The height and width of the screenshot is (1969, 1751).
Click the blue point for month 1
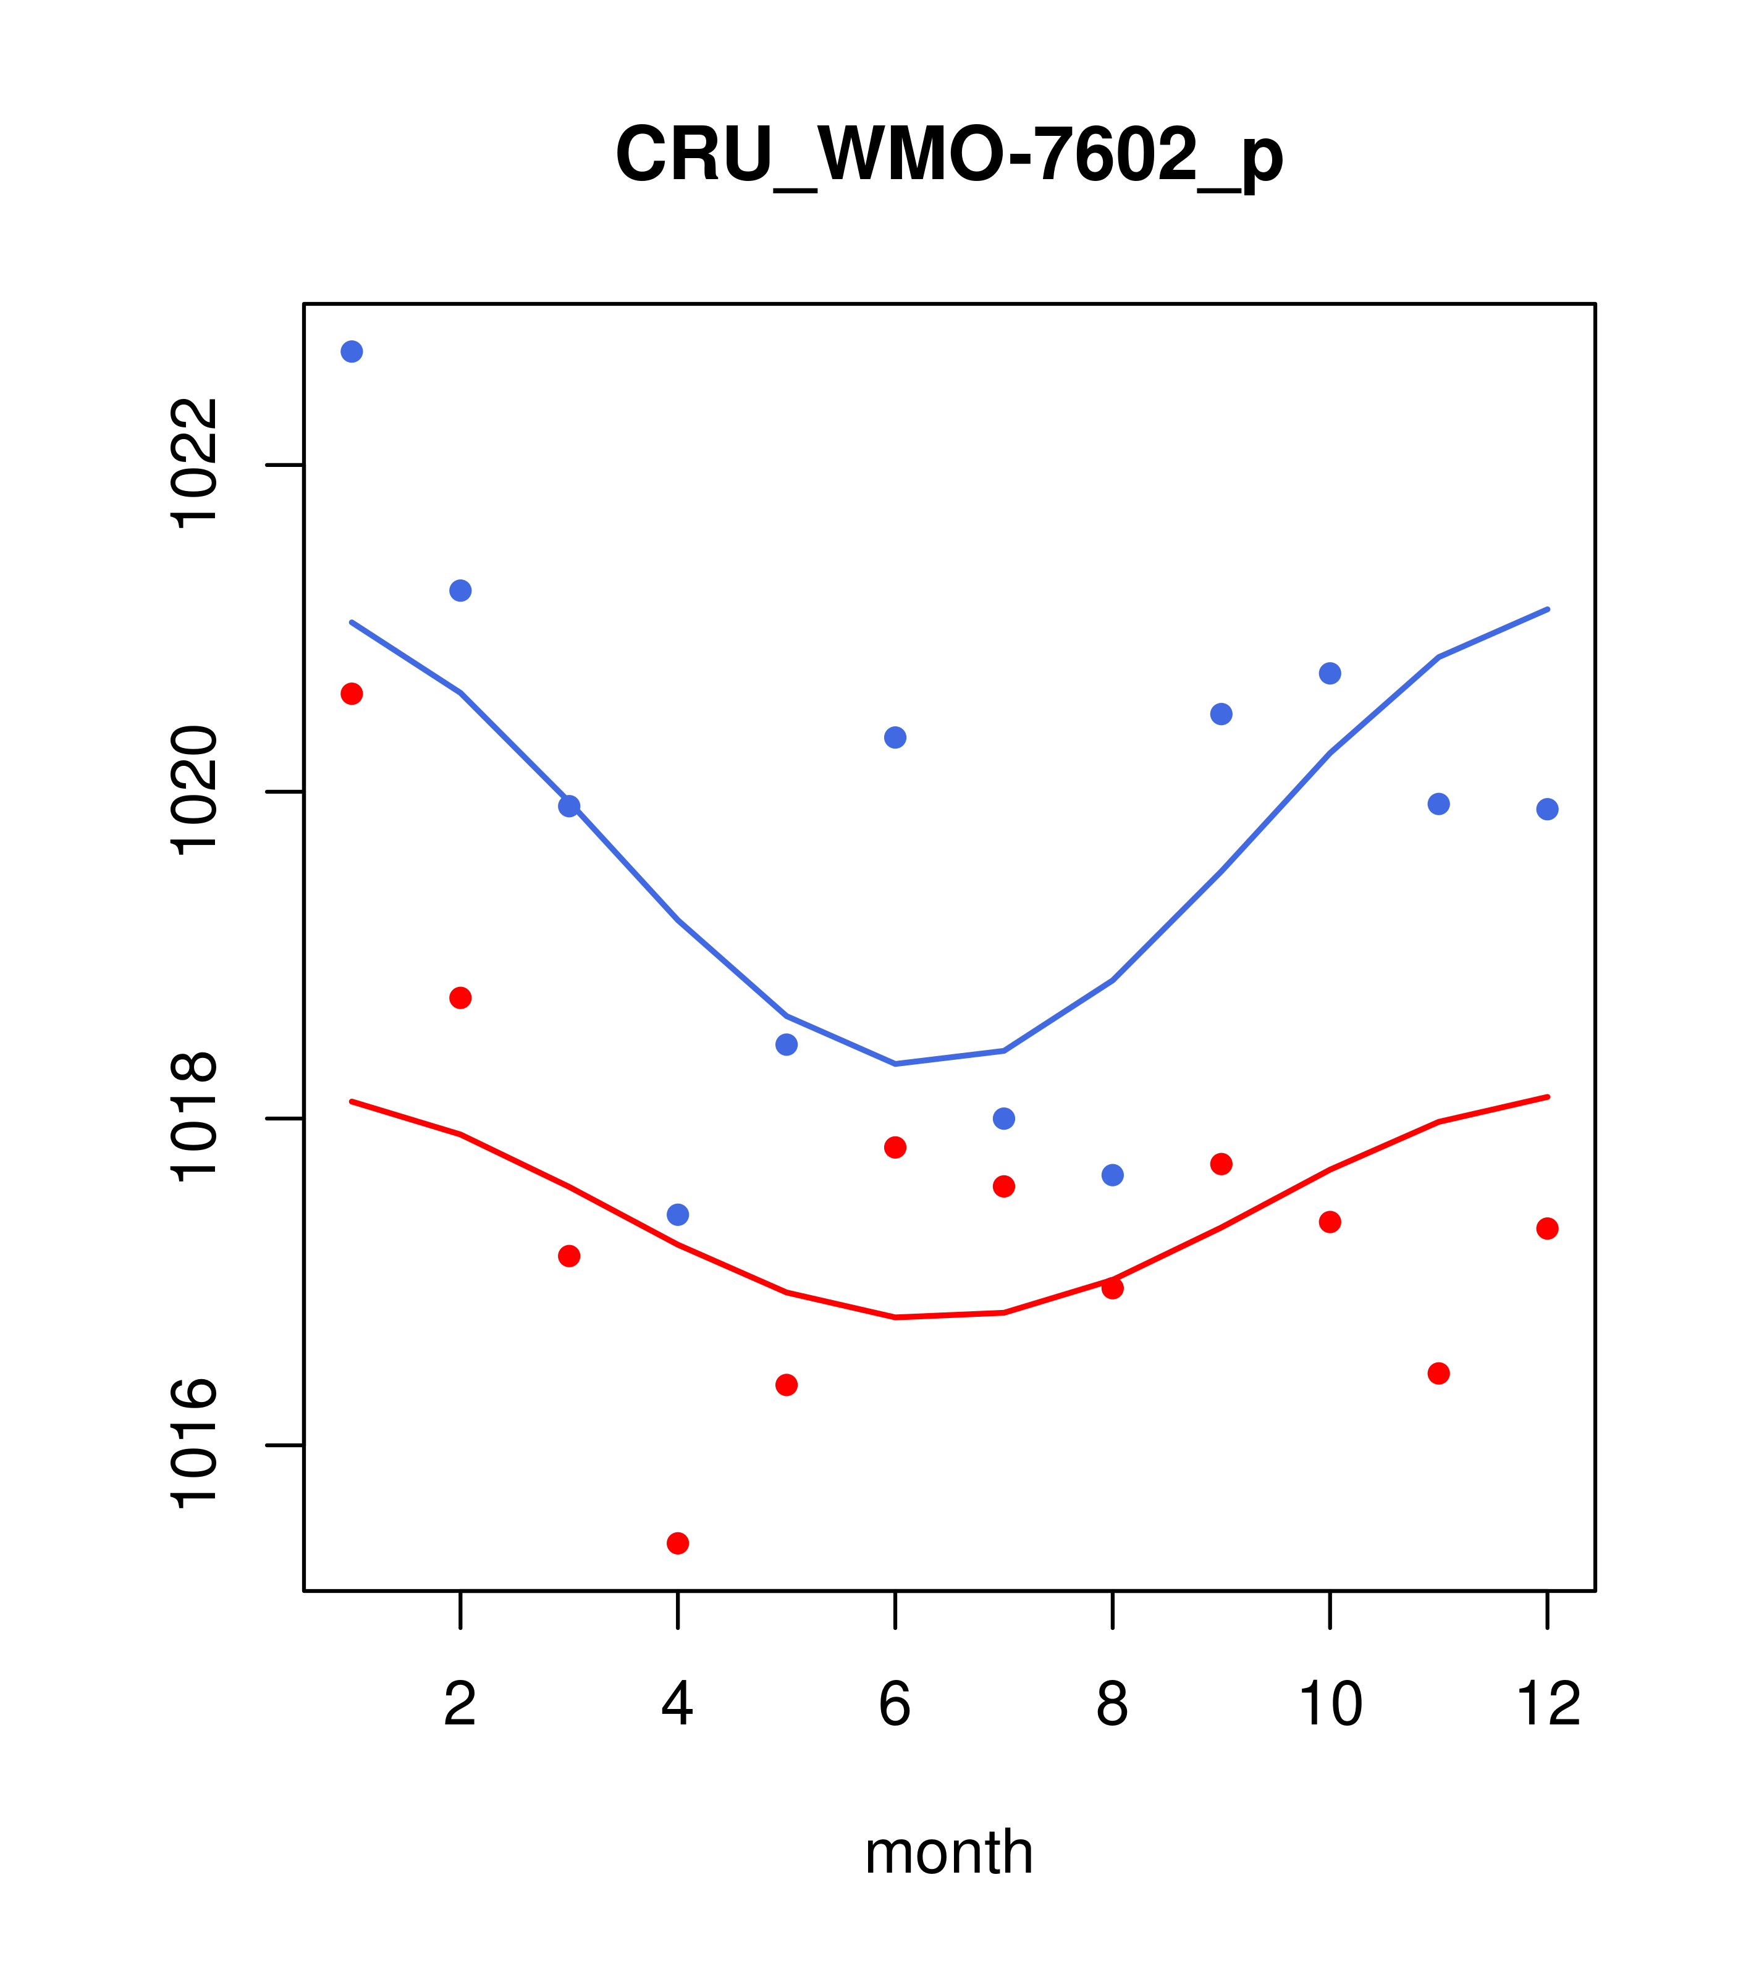pos(352,351)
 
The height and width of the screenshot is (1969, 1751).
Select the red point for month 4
pos(678,1543)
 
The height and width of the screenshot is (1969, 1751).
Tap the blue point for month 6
pos(895,738)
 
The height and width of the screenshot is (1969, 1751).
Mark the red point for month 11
pos(1439,1374)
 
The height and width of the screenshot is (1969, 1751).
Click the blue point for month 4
pos(678,1215)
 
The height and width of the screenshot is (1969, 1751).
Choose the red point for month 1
pos(352,694)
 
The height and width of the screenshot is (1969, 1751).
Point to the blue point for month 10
pos(1330,673)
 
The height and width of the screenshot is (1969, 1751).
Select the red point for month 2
pos(461,998)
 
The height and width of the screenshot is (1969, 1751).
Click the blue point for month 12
pos(1548,809)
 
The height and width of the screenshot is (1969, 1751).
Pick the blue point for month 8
pos(1113,1175)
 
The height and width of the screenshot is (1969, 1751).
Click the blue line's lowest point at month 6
pos(895,1064)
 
